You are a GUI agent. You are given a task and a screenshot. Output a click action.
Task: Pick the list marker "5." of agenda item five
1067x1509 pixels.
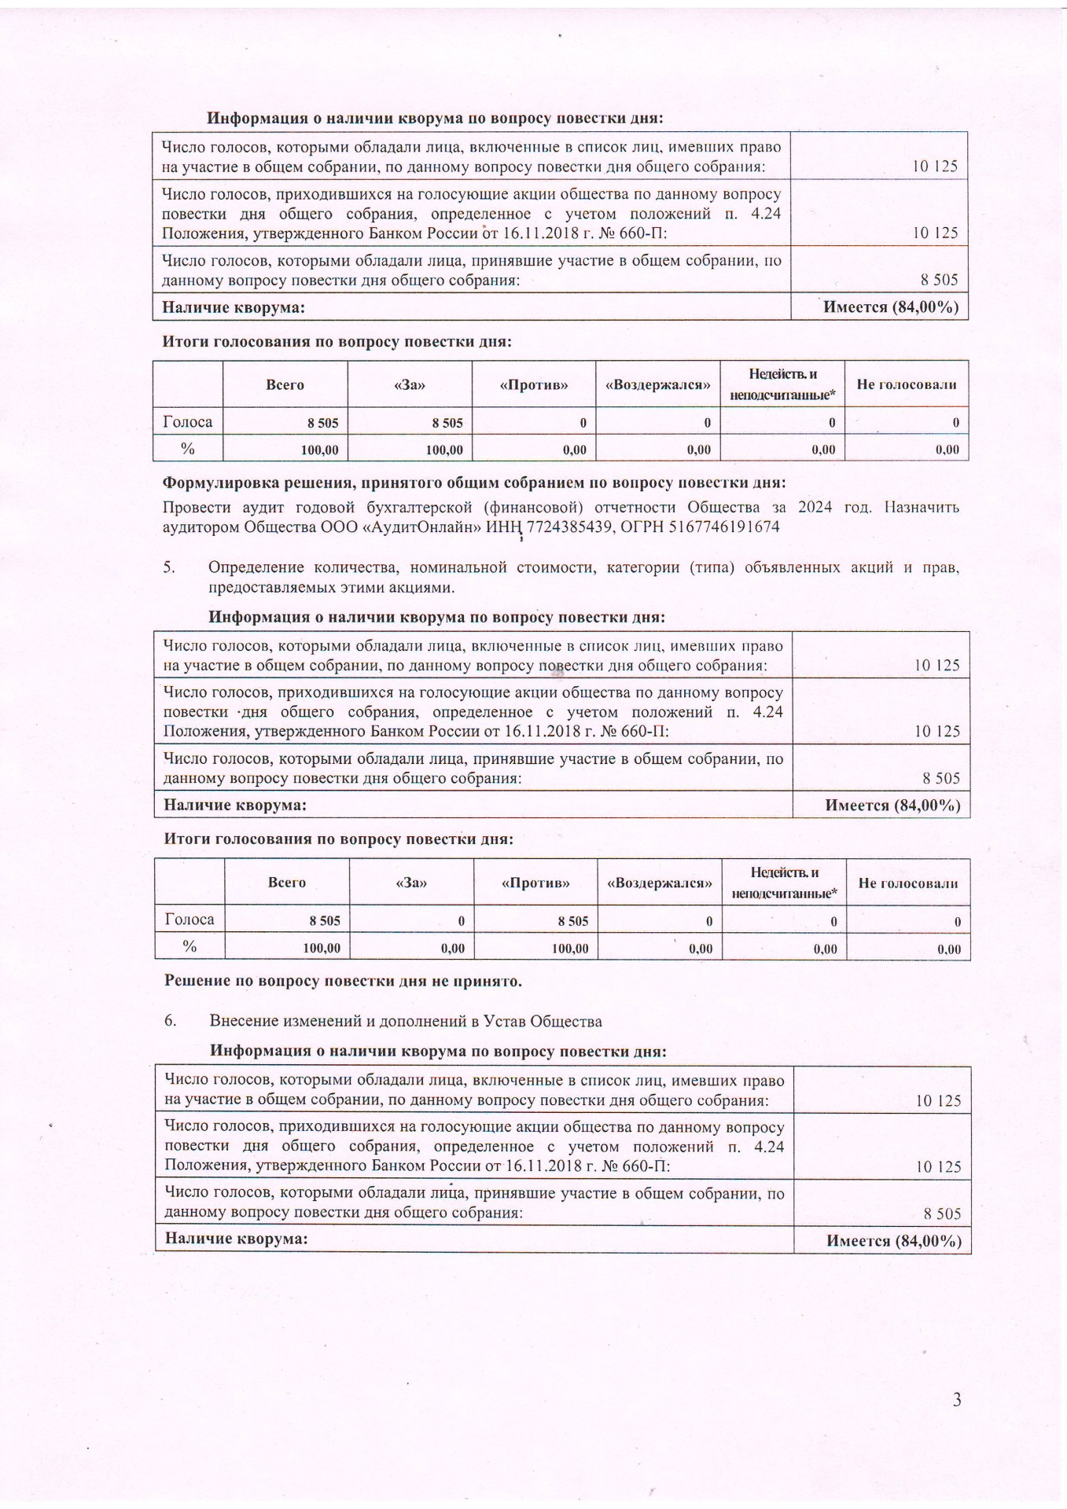[169, 567]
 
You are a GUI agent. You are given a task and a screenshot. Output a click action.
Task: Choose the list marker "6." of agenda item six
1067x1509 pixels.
[170, 1021]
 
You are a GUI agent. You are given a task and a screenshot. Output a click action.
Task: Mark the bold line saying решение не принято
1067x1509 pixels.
[343, 981]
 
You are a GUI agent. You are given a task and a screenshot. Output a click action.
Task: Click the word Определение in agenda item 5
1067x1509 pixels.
[257, 567]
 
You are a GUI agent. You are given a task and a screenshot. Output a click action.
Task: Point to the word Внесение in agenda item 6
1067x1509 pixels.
[241, 1021]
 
